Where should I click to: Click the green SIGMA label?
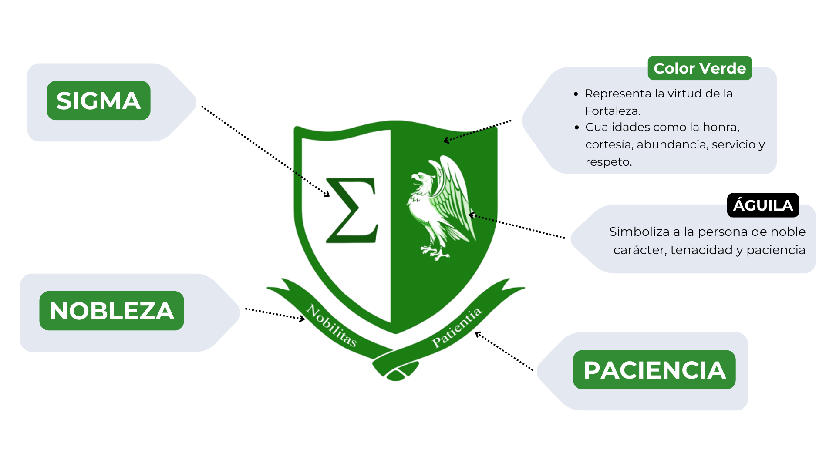tap(98, 101)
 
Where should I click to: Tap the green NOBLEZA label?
tap(111, 311)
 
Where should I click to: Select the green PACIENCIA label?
tap(654, 370)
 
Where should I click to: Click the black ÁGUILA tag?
tap(763, 205)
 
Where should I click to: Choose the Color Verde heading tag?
tap(699, 68)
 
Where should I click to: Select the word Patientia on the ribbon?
tap(457, 327)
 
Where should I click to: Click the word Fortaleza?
tap(612, 111)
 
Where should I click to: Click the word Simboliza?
tap(639, 232)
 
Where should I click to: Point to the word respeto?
tap(608, 162)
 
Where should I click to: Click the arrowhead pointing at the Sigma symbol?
tap(327, 195)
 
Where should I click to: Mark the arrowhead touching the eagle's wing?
tap(471, 215)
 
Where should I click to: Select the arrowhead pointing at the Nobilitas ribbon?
tap(302, 319)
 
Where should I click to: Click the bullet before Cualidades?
tap(576, 128)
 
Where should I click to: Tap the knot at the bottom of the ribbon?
tap(395, 374)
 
